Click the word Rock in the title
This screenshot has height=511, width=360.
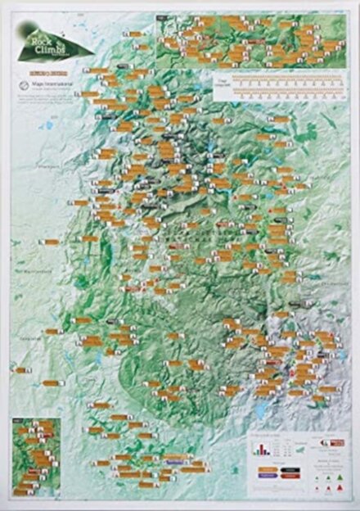point(37,37)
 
